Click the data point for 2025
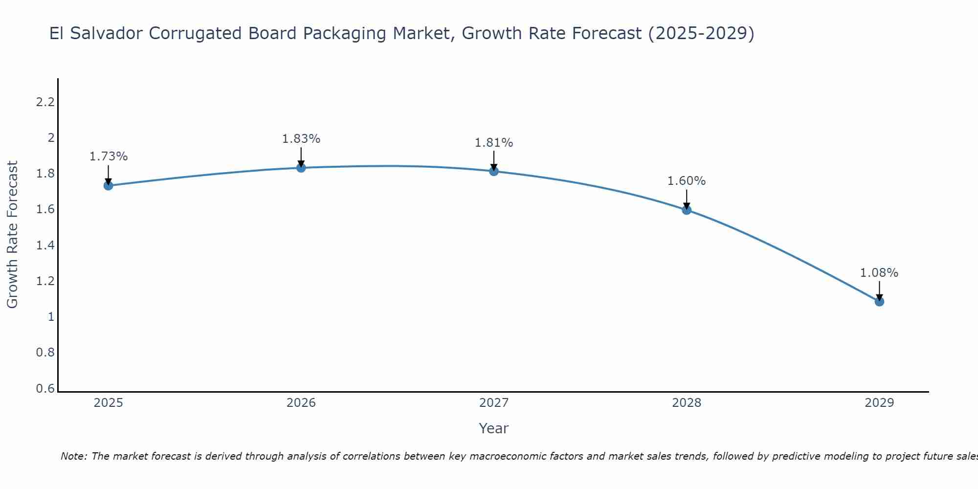[109, 185]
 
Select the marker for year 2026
[301, 168]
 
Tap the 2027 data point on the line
[494, 171]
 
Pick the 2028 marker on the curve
[687, 210]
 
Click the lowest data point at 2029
[879, 301]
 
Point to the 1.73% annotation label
[109, 156]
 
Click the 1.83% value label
[301, 139]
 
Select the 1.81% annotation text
[494, 143]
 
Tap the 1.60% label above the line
[687, 181]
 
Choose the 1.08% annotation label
[879, 273]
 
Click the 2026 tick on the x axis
[301, 403]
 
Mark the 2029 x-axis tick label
[879, 403]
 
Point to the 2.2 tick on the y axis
[45, 102]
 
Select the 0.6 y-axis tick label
[45, 389]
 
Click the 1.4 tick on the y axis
[45, 245]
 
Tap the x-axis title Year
[494, 428]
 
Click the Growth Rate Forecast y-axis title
[12, 235]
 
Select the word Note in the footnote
[73, 456]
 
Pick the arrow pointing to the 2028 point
[687, 199]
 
